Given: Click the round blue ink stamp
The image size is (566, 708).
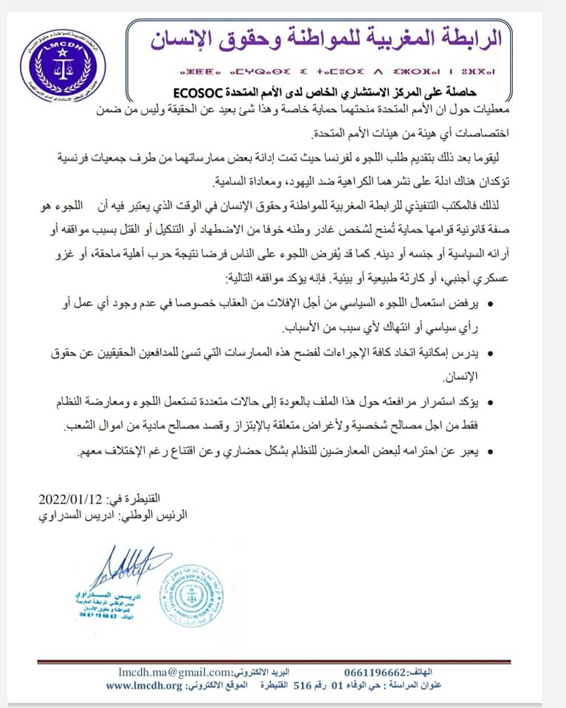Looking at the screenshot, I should [x=191, y=594].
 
